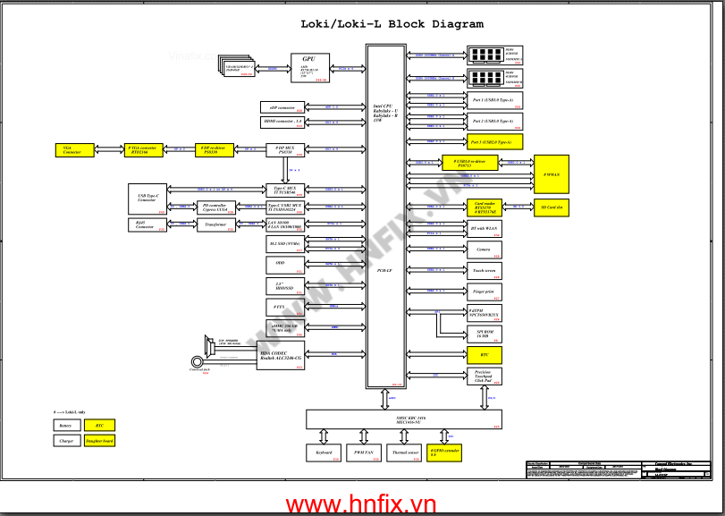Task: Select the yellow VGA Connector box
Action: (72, 149)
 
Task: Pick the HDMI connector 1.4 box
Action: (282, 121)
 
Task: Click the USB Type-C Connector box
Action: (148, 198)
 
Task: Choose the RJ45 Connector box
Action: (145, 224)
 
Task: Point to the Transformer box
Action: (215, 224)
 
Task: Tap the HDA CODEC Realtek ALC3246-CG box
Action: (281, 356)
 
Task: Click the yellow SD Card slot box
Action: (559, 207)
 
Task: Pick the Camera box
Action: (484, 250)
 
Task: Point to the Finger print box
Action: (484, 291)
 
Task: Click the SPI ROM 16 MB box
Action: (484, 333)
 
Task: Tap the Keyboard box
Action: (324, 453)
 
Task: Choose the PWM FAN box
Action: (364, 453)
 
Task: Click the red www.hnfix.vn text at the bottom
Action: (361, 504)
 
